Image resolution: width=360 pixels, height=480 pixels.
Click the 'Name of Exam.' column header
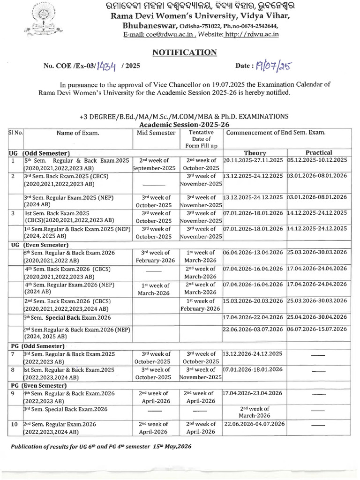pyautogui.click(x=78, y=133)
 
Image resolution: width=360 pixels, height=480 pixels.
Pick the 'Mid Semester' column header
pyautogui.click(x=156, y=133)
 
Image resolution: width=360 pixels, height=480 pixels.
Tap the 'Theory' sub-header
pyautogui.click(x=255, y=153)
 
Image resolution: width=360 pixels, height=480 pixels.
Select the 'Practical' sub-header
pyautogui.click(x=319, y=152)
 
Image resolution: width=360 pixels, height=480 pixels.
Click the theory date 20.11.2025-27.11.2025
pyautogui.click(x=254, y=160)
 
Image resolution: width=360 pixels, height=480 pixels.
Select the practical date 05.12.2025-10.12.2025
pyautogui.click(x=317, y=160)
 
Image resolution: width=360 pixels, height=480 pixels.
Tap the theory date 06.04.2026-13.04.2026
pyautogui.click(x=254, y=252)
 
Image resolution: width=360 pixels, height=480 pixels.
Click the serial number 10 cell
pyautogui.click(x=15, y=424)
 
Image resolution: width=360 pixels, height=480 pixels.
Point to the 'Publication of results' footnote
pyautogui.click(x=101, y=447)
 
